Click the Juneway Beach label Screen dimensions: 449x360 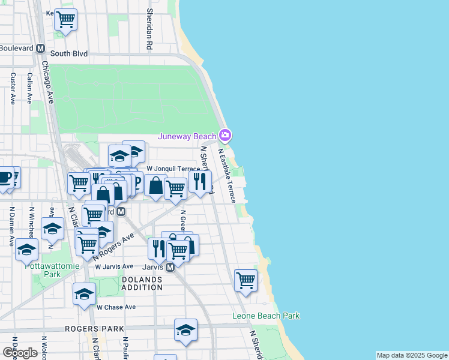[187, 136]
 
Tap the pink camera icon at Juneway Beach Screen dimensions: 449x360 [224, 134]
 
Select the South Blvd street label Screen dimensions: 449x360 [69, 53]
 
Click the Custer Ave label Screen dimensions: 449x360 [13, 88]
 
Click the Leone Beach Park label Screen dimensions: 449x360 [266, 316]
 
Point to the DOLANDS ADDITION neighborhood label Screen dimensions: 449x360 [142, 283]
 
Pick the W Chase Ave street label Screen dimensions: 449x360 [116, 307]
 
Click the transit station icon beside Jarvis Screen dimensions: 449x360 [170, 267]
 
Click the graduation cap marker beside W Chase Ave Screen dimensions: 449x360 [84, 293]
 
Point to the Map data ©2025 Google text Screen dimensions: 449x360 [412, 355]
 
